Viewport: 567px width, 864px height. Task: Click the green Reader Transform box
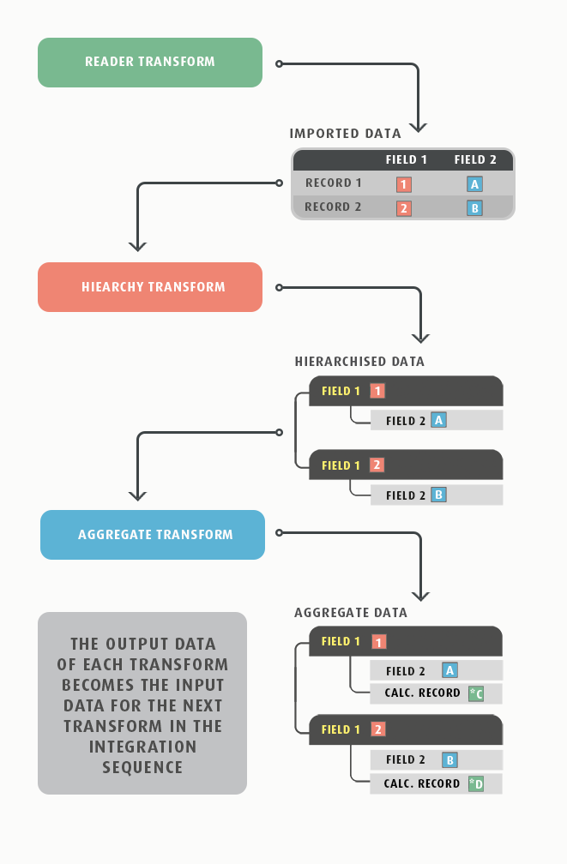click(149, 62)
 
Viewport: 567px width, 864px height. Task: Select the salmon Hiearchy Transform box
click(149, 287)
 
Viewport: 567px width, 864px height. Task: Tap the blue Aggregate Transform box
click(153, 535)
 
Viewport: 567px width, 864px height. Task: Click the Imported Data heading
click(345, 134)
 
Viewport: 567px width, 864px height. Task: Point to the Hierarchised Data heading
click(359, 362)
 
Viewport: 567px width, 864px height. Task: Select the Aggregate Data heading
click(350, 613)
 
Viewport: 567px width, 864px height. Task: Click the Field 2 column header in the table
click(475, 159)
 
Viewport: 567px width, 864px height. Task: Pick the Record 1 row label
click(333, 183)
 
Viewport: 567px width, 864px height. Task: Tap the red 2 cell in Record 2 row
click(404, 207)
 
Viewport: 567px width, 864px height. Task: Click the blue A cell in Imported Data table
click(474, 183)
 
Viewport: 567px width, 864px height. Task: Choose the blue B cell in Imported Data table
click(474, 207)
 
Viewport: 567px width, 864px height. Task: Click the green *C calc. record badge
click(476, 693)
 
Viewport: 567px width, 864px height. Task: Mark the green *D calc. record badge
click(476, 783)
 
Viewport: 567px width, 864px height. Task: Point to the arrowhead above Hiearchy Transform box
click(137, 245)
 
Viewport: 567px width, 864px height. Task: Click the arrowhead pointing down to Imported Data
click(418, 126)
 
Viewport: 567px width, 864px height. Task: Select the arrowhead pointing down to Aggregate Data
click(419, 594)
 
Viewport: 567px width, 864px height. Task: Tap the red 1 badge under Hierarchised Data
click(377, 391)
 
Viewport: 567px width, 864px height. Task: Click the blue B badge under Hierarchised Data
click(438, 495)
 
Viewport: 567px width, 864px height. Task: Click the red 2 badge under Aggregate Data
click(378, 729)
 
